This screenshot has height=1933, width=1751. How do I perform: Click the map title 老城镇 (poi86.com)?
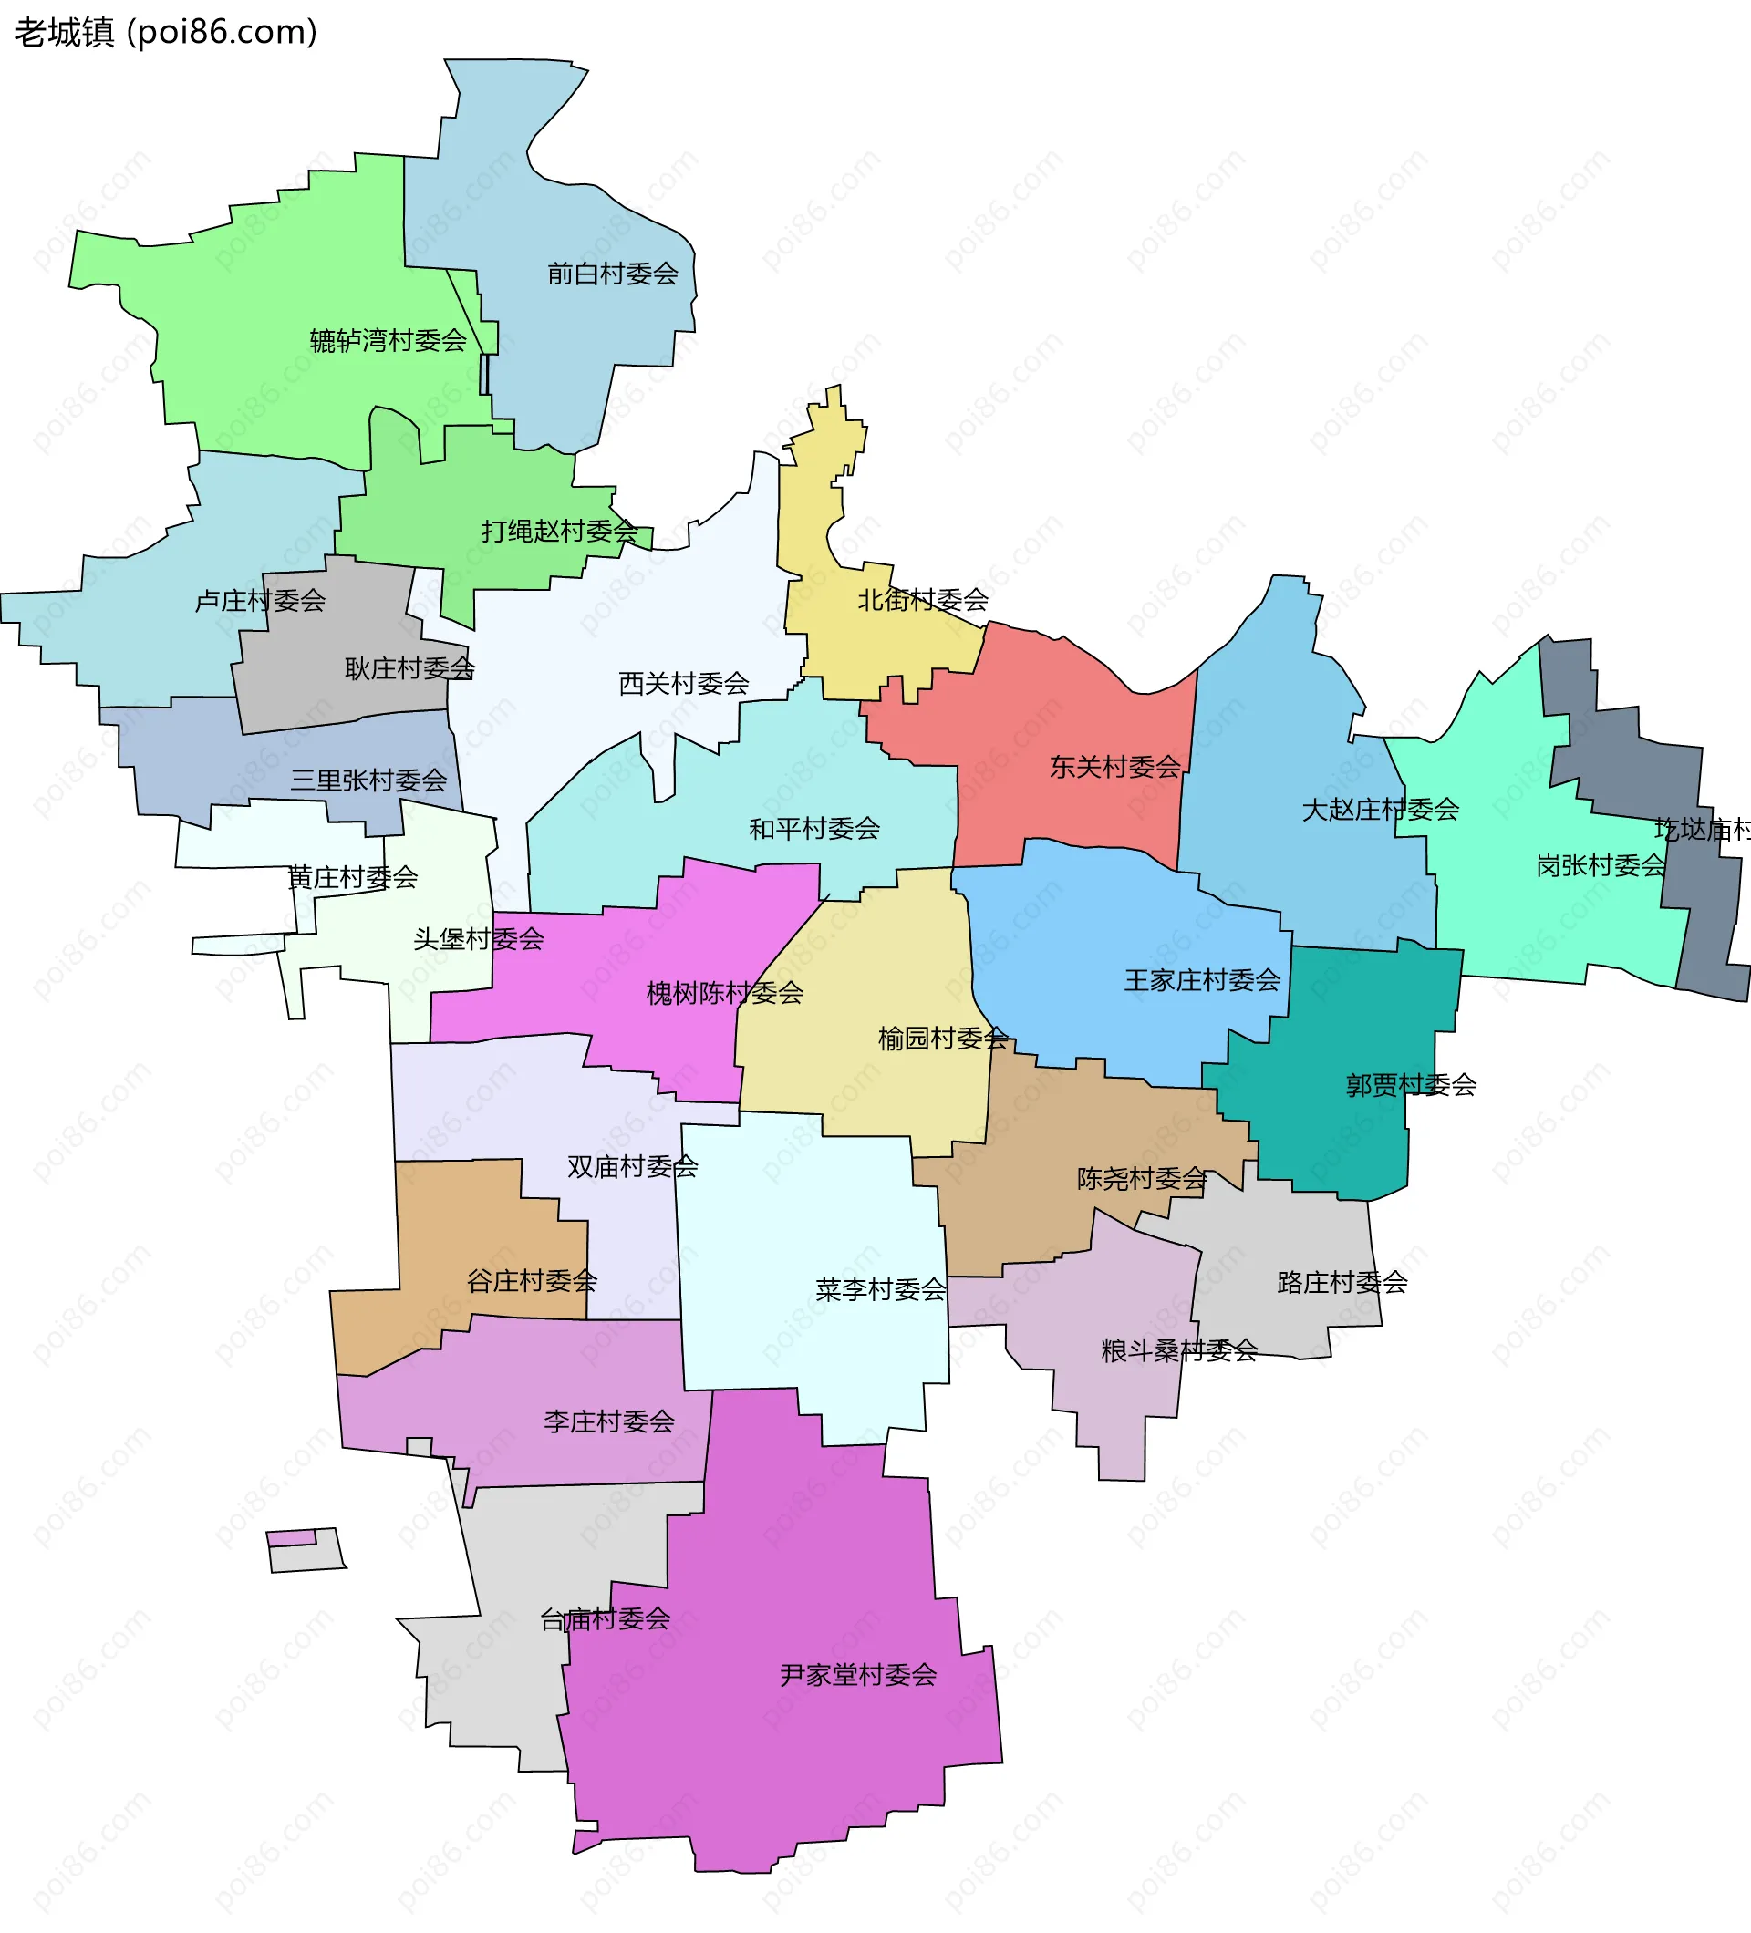click(165, 33)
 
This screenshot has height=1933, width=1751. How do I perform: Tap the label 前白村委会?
click(612, 274)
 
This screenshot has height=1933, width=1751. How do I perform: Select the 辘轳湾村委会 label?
click(388, 340)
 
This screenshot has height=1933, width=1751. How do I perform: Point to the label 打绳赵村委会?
click(559, 532)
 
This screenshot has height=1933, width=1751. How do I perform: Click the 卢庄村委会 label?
click(260, 601)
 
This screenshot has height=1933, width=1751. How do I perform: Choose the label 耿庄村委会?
click(409, 668)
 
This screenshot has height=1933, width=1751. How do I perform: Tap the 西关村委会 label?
click(684, 684)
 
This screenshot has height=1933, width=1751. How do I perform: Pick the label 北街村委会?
click(923, 600)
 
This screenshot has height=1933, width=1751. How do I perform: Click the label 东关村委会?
click(1114, 767)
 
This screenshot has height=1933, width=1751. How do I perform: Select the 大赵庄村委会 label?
click(1380, 811)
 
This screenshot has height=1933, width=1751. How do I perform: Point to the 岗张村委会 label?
click(1601, 866)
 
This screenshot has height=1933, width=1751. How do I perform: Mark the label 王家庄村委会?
click(1202, 980)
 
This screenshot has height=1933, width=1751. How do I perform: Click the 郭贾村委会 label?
click(1411, 1085)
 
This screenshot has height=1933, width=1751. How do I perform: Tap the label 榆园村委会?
click(943, 1039)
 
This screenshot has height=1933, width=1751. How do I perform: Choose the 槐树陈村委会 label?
click(724, 993)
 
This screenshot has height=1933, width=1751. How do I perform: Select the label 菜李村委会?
click(880, 1289)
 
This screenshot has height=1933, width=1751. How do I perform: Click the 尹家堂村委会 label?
click(857, 1675)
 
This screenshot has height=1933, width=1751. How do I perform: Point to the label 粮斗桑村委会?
click(1178, 1351)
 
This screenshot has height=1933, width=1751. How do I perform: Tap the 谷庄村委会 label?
click(532, 1281)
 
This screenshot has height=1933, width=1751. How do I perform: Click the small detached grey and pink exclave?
click(305, 1550)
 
